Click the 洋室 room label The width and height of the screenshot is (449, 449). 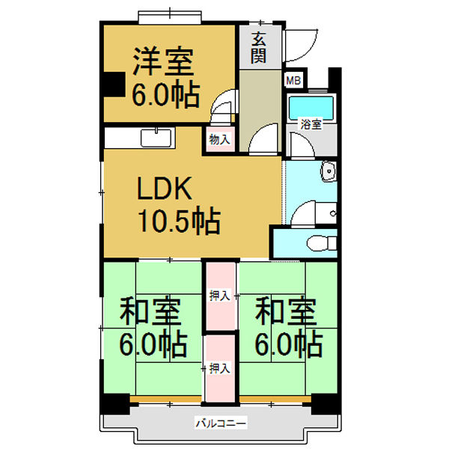point(164,61)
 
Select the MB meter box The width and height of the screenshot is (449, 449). point(292,79)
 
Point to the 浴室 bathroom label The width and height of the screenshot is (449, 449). point(311,125)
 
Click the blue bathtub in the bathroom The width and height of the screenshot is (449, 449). point(311,107)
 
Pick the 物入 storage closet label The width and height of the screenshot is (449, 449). point(219,140)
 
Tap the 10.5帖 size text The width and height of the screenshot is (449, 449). point(177,221)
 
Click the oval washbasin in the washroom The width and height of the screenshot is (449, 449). point(328,173)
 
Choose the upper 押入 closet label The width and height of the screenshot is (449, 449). point(219,295)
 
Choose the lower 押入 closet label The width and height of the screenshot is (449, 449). point(219,367)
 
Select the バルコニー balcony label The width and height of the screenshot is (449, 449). point(221,424)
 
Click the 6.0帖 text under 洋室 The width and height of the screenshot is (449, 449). point(165,95)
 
